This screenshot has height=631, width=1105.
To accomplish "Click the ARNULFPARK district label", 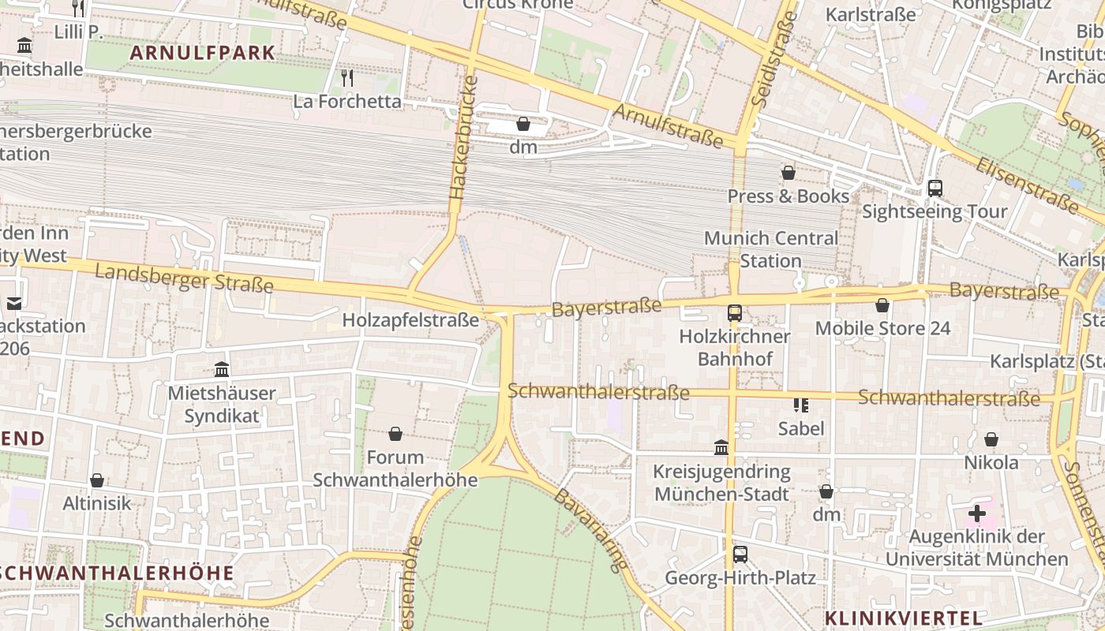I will [x=203, y=53].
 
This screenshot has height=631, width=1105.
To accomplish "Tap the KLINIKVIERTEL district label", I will [x=904, y=618].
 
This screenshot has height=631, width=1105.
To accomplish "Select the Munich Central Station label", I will [x=771, y=249].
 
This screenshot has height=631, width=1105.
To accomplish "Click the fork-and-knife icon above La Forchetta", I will [x=346, y=77].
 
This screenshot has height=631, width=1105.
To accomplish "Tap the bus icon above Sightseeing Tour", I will [x=935, y=189].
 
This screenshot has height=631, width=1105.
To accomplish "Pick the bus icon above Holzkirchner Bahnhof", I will [x=735, y=312].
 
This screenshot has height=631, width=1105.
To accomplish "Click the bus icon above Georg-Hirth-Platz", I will [x=740, y=554].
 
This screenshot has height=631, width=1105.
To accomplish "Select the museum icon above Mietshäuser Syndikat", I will [x=222, y=369].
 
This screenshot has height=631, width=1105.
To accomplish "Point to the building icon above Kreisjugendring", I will [x=721, y=448].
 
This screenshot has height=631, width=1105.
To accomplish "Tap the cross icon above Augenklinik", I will [x=977, y=514].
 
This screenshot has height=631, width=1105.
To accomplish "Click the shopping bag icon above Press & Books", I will [x=788, y=173].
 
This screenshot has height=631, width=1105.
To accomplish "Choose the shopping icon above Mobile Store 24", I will [x=882, y=305].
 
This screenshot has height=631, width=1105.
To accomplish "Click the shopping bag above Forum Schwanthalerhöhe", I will [x=395, y=434].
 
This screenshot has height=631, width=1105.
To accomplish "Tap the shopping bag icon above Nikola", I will [x=991, y=439].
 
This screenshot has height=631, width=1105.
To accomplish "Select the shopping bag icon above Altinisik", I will [x=97, y=480].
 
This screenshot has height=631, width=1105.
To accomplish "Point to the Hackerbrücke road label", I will [x=463, y=138].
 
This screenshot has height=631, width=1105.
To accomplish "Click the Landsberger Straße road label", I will [x=184, y=278].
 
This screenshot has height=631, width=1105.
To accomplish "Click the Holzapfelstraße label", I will [x=410, y=320].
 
